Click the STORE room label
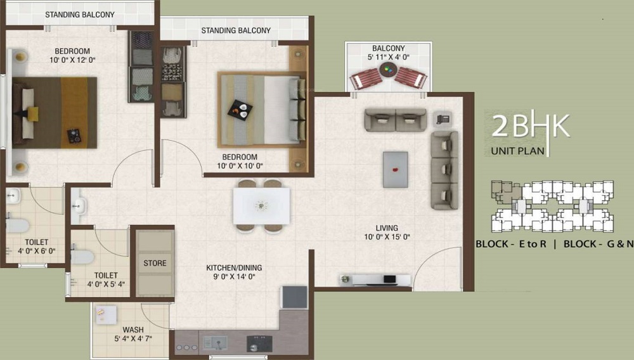(x=155, y=263)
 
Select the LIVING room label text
(x=386, y=228)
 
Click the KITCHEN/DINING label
(x=234, y=268)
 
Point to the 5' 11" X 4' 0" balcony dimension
(x=388, y=57)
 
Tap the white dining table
(x=261, y=205)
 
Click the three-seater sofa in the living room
(x=444, y=170)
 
